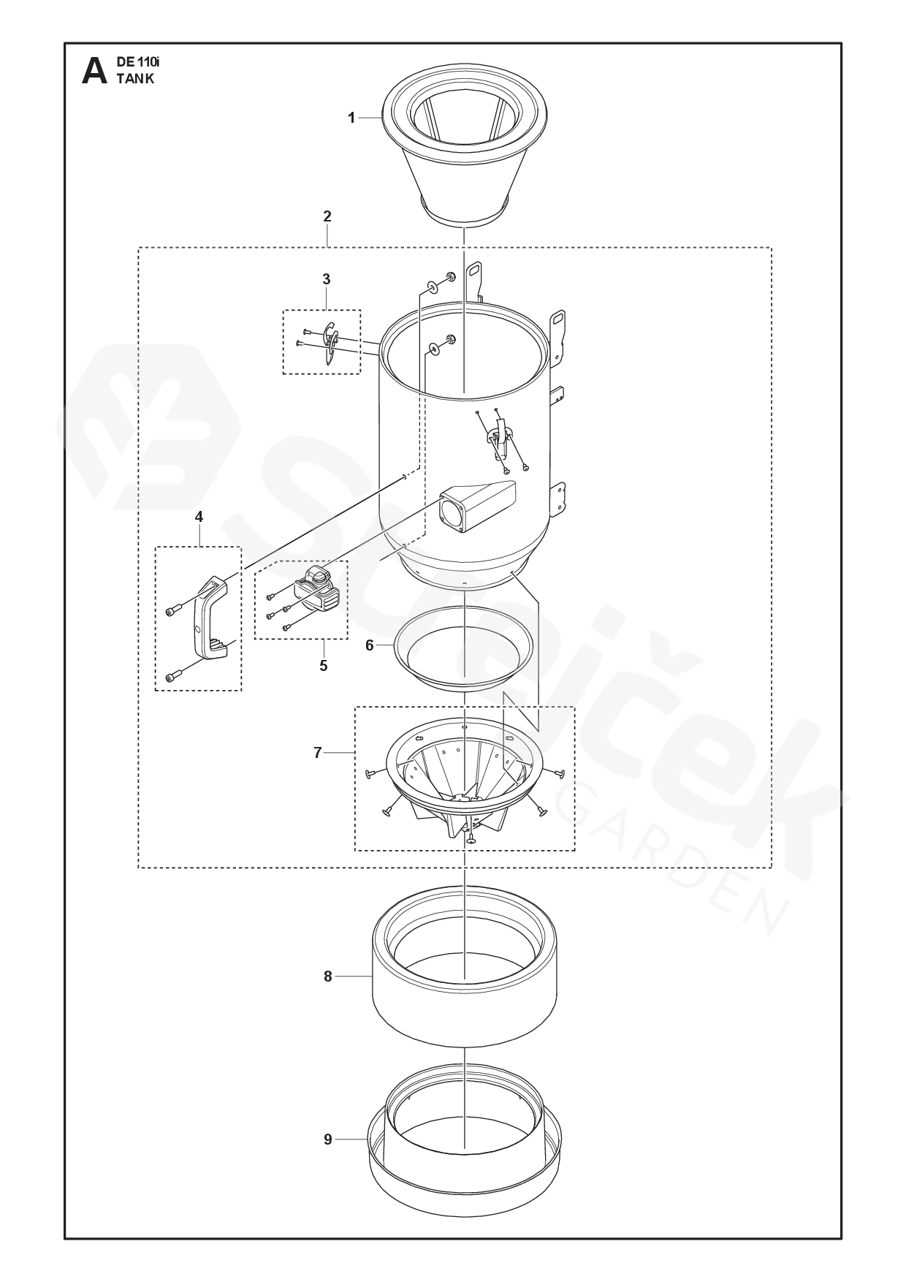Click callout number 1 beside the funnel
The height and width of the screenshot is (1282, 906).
pos(351,118)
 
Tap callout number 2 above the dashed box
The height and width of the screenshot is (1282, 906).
pos(327,216)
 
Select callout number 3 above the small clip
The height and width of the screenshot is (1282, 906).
pos(327,279)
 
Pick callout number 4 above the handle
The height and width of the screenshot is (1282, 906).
pos(199,517)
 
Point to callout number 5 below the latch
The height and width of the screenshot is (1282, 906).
pos(324,666)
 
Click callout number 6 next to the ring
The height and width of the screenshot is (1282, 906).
pos(370,645)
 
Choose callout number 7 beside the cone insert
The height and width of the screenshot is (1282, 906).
pos(318,753)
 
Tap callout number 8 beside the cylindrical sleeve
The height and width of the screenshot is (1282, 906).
pos(328,976)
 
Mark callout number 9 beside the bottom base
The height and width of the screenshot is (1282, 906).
pos(328,1139)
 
